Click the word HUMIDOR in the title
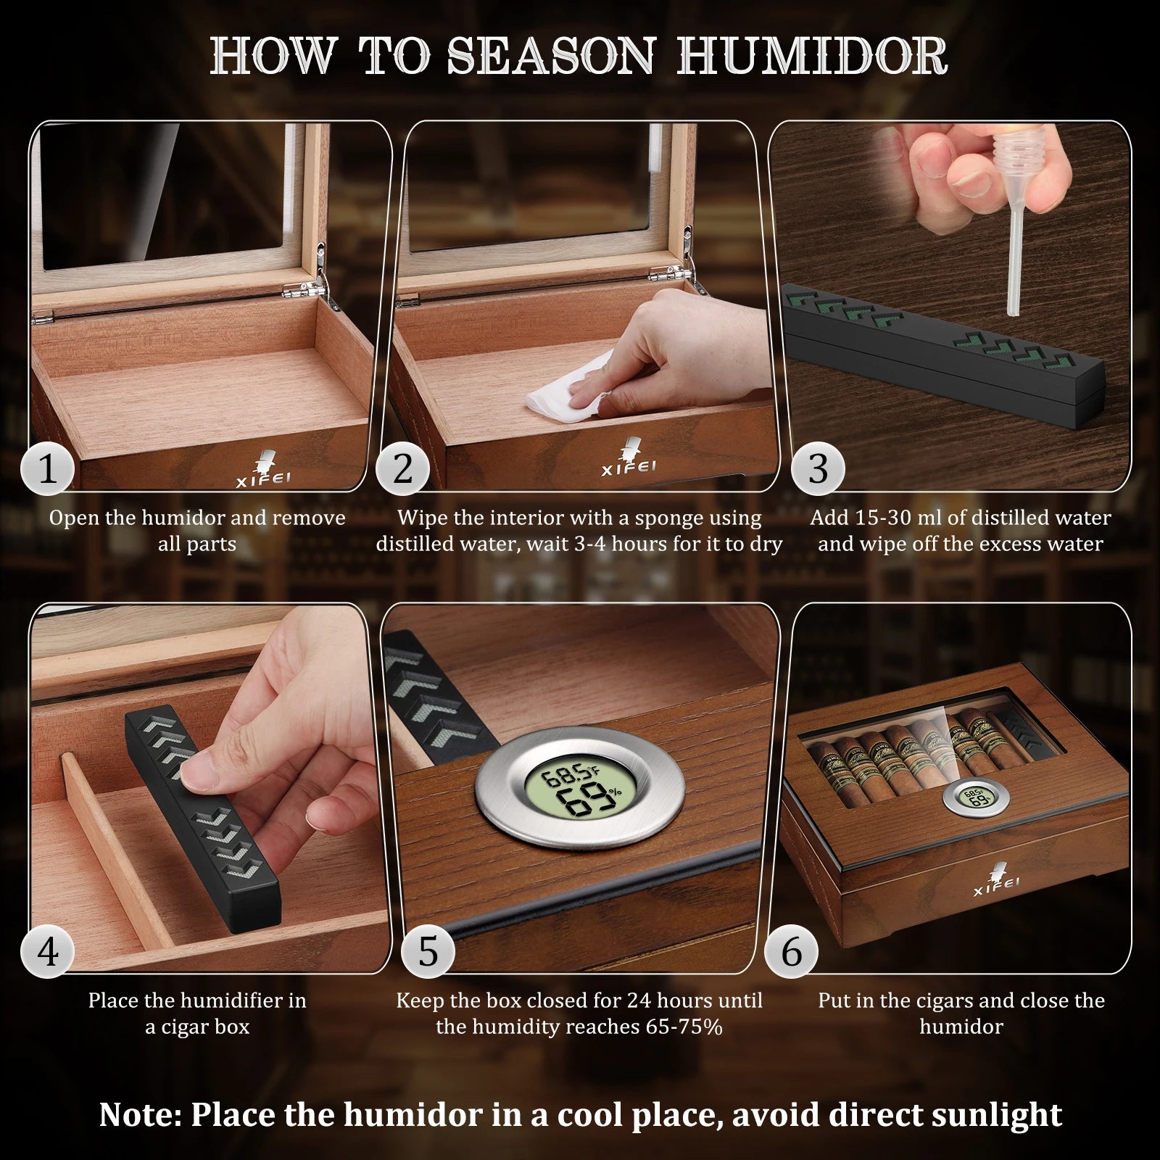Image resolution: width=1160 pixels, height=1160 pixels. click(x=813, y=56)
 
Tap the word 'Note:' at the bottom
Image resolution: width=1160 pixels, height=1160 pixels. click(x=141, y=1114)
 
